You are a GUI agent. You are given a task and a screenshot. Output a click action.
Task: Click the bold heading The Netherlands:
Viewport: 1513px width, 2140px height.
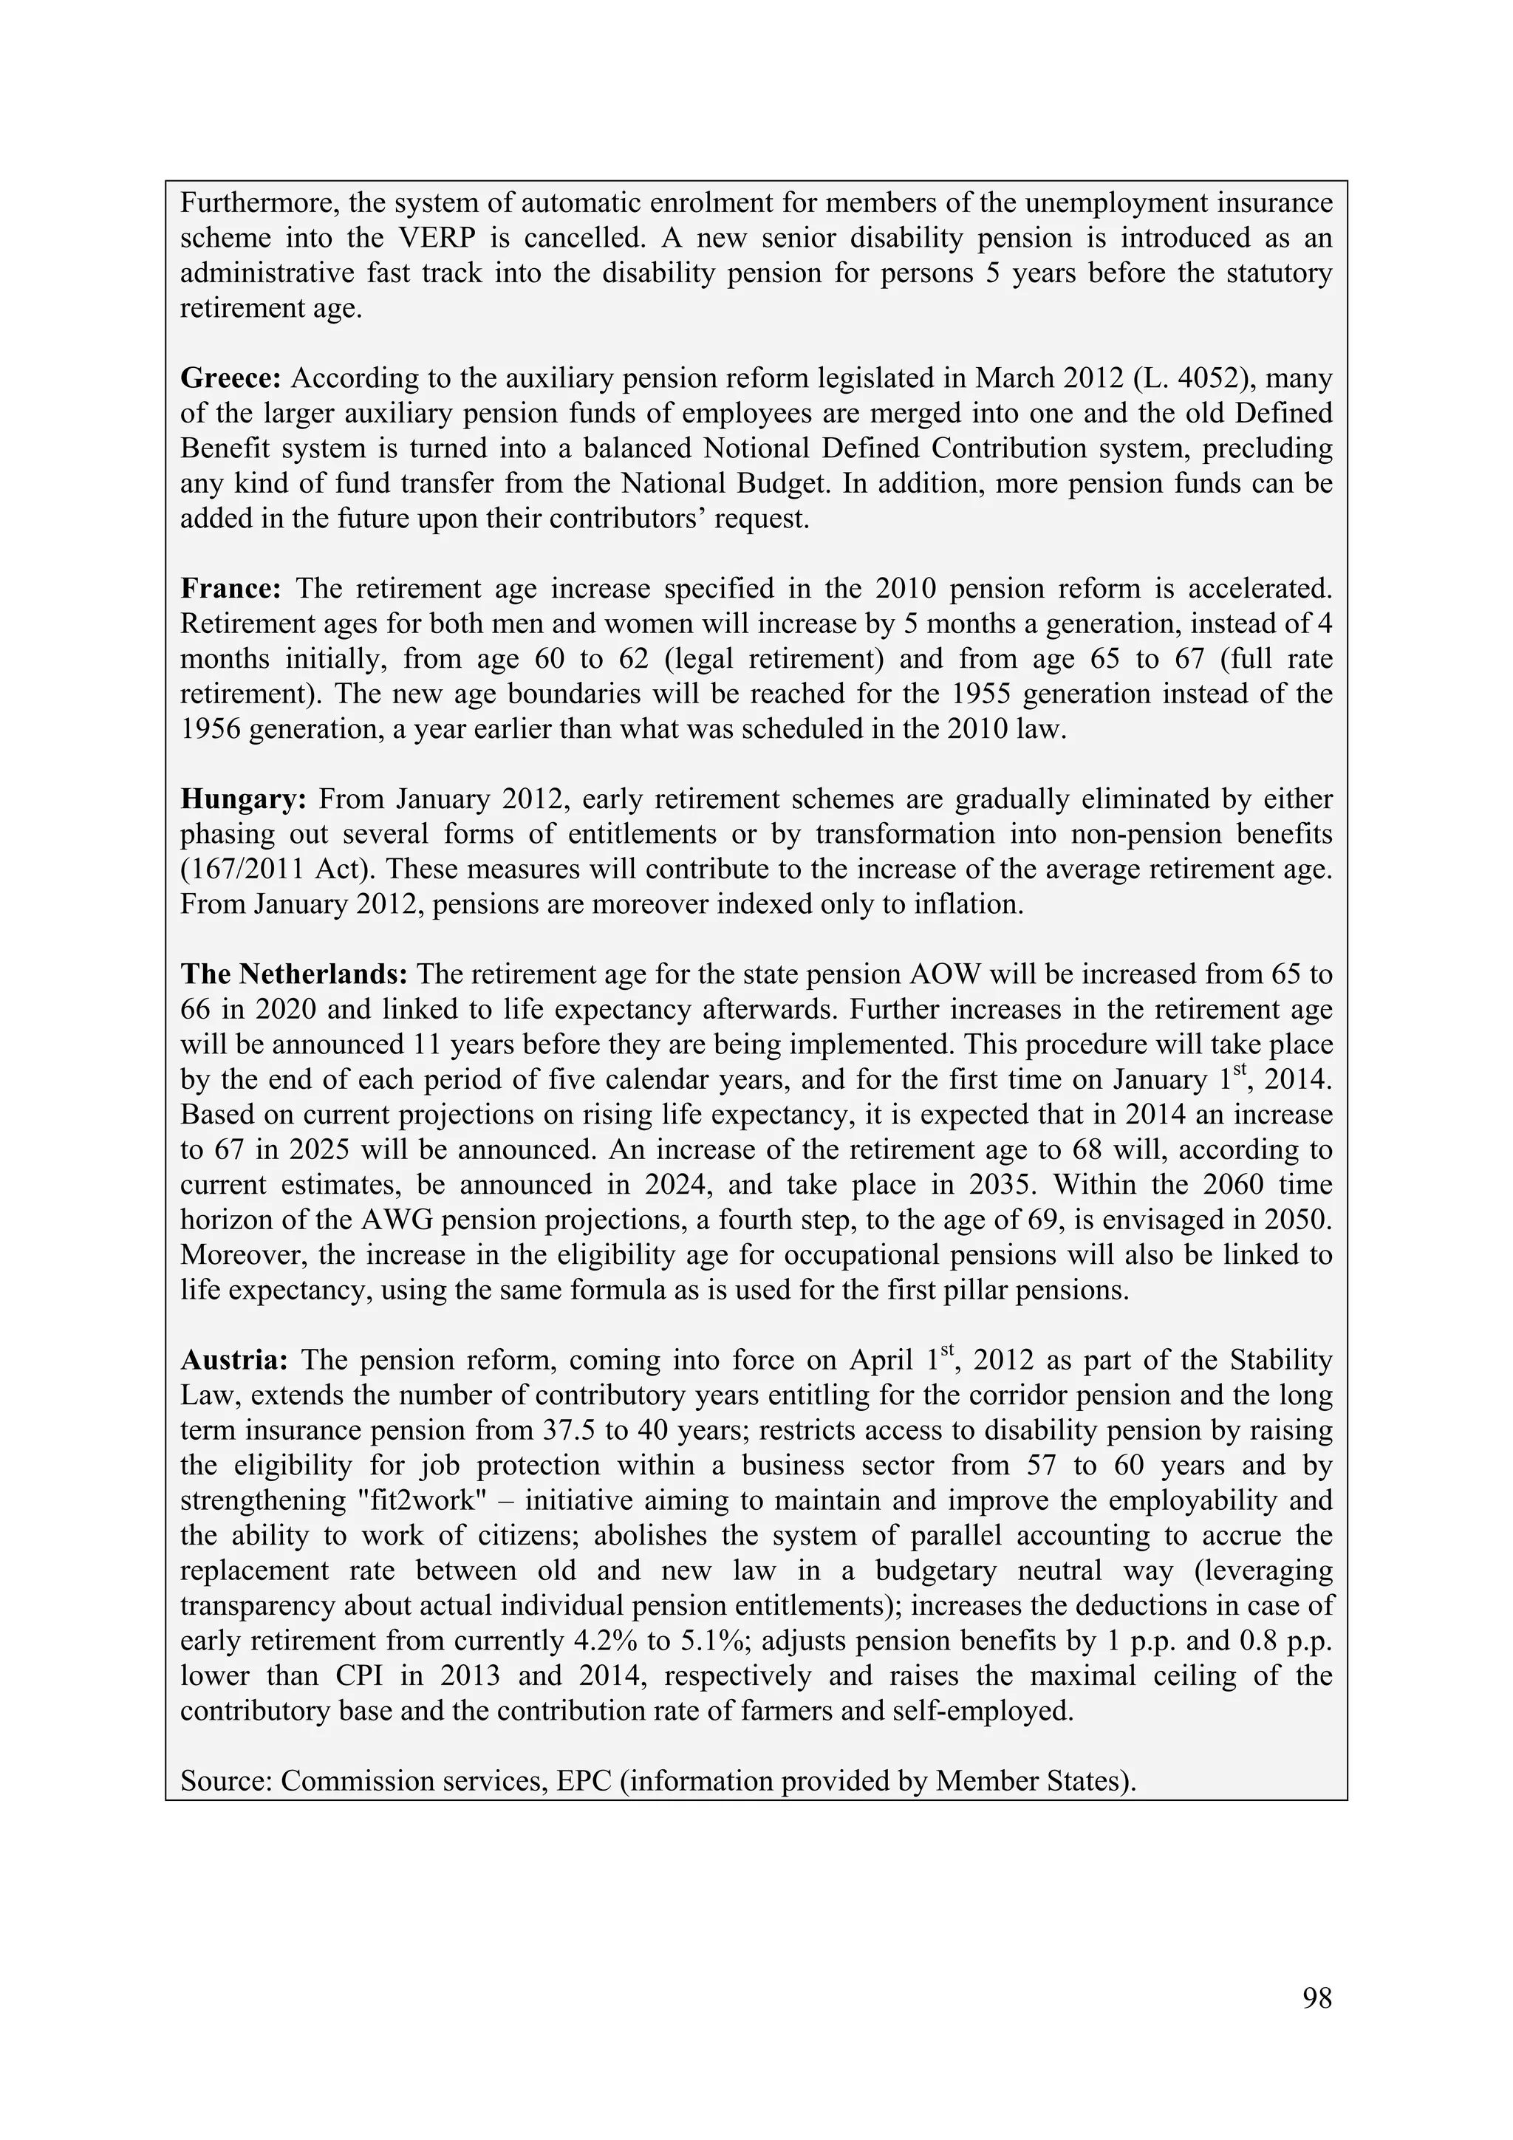tap(293, 974)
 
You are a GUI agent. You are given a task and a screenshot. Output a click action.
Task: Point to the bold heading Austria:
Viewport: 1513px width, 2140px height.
tap(234, 1360)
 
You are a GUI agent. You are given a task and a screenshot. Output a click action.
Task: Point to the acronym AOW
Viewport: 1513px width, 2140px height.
tap(940, 974)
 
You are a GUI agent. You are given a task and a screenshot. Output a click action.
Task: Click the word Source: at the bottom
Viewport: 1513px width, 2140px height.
tap(225, 1781)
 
